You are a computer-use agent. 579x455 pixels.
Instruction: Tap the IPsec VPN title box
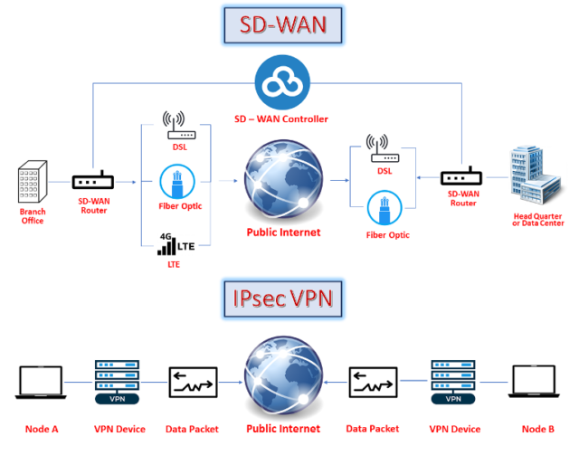tap(283, 298)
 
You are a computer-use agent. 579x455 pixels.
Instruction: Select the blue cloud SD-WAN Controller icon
tap(284, 82)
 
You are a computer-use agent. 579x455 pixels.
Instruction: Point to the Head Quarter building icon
tap(535, 177)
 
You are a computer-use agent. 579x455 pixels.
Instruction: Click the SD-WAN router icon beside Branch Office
tap(93, 181)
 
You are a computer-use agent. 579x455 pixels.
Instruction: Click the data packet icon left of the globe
tap(191, 383)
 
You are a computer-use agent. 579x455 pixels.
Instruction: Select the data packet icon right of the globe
tap(374, 383)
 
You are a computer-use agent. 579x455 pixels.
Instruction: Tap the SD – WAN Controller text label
tap(283, 118)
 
